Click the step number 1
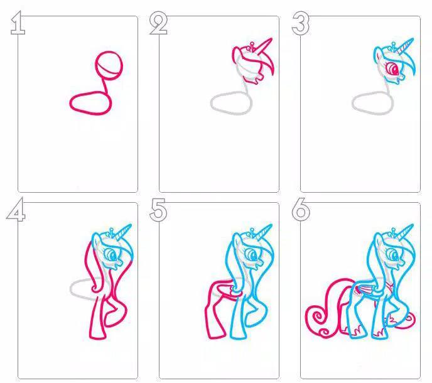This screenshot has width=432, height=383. coord(17,24)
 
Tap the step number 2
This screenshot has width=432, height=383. coord(159,24)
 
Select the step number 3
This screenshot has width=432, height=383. coord(301,24)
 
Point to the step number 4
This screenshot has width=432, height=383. coord(16,211)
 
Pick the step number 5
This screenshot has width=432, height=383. coord(159,211)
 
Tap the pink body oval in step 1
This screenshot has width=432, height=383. coord(90,102)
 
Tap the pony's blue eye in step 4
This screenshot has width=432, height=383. coord(112,255)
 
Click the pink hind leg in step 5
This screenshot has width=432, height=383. coord(212,314)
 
